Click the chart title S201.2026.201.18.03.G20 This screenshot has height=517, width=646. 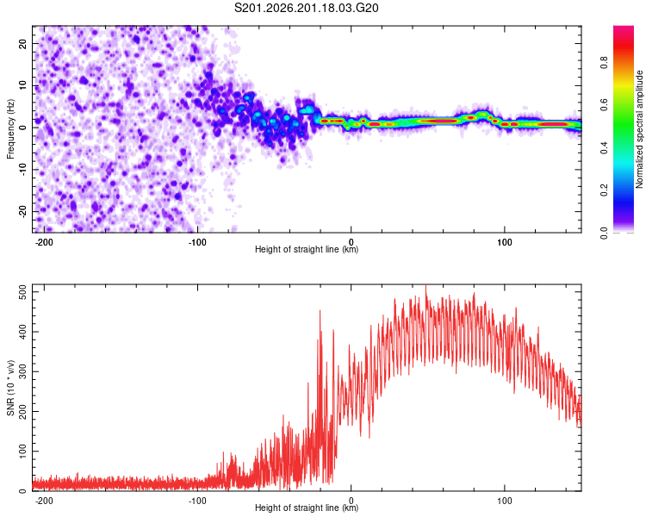point(306,8)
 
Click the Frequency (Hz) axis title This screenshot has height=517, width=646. point(10,129)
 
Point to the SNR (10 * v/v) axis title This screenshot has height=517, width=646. point(10,388)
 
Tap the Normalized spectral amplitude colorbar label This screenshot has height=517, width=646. point(639,129)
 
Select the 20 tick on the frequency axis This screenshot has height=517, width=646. point(22,43)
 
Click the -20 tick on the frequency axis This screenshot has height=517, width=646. point(22,211)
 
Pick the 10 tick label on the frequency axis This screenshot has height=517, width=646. point(22,85)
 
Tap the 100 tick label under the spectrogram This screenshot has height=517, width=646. point(504,242)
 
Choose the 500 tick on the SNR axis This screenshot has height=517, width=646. point(22,292)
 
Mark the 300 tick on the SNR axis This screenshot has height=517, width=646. point(22,371)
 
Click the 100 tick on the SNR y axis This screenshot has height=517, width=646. point(22,451)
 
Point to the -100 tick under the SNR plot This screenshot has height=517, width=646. point(197,501)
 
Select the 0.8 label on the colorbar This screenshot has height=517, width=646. point(604,63)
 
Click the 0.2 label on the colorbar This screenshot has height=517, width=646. point(604,190)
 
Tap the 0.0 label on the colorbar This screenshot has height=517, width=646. point(604,233)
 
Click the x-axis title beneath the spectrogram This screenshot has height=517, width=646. point(307,249)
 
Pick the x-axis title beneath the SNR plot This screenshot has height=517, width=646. point(307,508)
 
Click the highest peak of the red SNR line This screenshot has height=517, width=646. point(426,285)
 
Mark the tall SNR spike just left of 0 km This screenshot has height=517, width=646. point(320,311)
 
